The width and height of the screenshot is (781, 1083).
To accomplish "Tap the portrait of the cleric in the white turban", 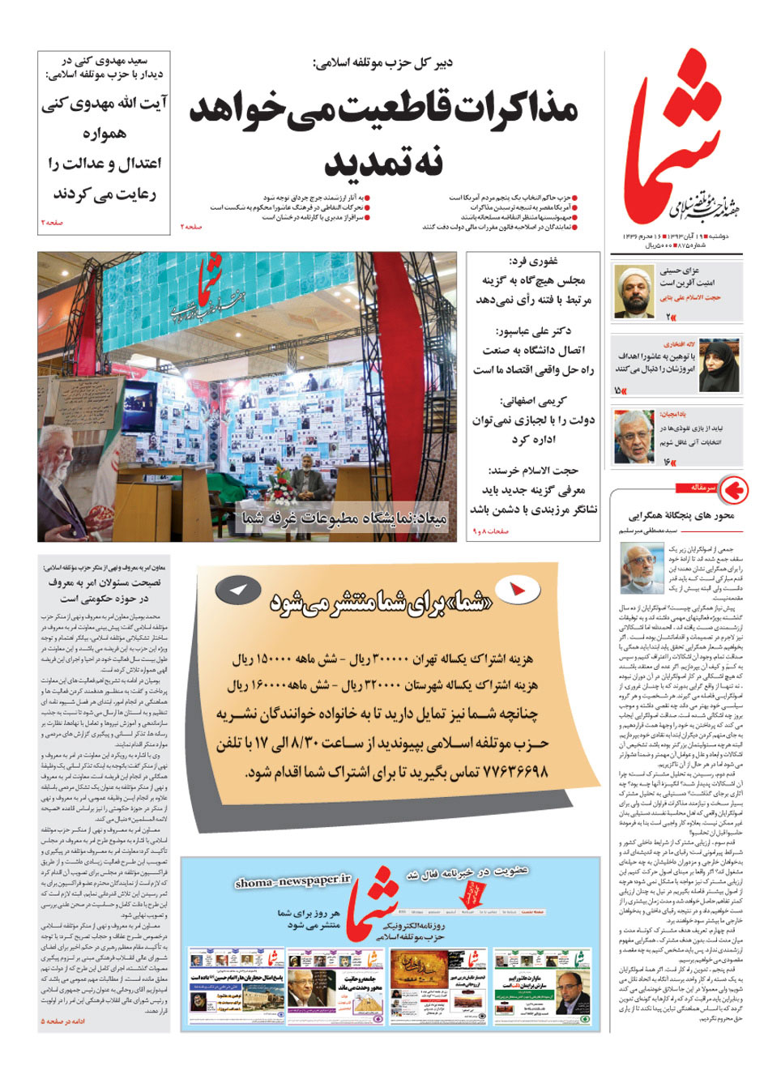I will point(634,291).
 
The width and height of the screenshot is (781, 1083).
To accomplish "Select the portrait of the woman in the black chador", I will point(718,365).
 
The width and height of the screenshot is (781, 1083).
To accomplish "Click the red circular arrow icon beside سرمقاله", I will point(733,489).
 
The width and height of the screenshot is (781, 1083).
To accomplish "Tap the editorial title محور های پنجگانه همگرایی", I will point(681,515).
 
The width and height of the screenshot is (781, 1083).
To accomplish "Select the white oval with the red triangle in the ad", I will point(516,590).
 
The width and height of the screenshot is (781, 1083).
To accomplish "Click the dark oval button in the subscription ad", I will point(237,591).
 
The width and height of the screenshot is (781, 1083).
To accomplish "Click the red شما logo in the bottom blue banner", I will point(373,904).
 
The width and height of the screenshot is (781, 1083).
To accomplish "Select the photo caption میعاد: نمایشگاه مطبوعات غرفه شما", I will point(344,518).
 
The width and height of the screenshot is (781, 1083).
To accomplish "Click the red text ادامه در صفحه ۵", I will point(63,1021).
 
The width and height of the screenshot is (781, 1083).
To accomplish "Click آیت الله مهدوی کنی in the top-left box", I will point(105,104).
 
